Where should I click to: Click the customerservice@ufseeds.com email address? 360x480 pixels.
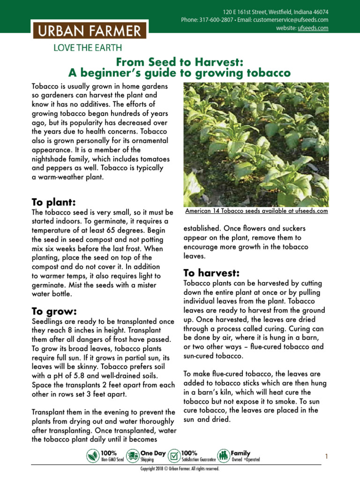point(289,20)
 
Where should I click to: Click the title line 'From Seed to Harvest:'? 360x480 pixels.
point(180,62)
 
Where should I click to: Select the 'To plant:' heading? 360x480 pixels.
point(53,202)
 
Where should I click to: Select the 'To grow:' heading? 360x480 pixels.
point(53,311)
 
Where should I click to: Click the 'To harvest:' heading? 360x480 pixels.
point(211,272)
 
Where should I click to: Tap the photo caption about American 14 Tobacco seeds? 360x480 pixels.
point(256,211)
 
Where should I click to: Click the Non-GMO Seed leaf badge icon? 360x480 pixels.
point(93,456)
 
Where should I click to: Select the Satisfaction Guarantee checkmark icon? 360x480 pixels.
point(174,456)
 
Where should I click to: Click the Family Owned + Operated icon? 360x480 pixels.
point(224,456)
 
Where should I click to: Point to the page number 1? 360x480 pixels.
point(326,456)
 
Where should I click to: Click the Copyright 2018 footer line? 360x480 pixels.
point(180,469)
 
